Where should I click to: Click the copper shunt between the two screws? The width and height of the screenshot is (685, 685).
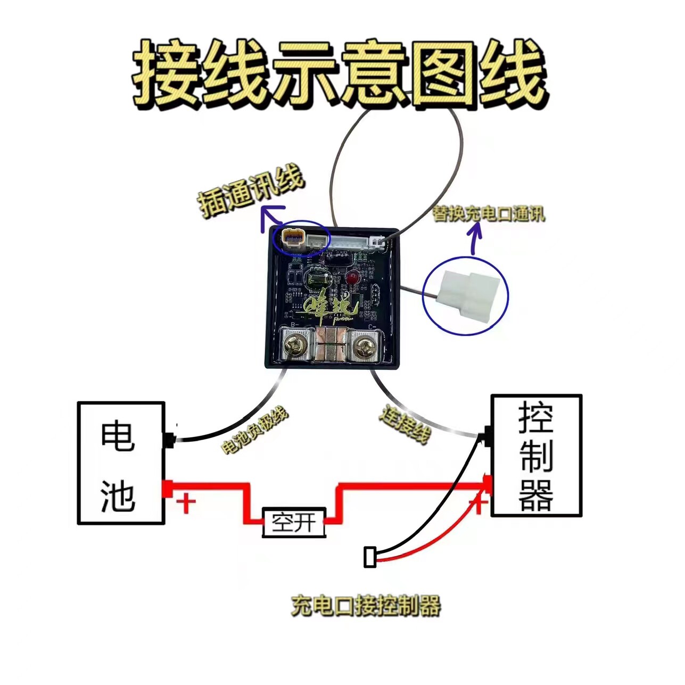tap(331, 345)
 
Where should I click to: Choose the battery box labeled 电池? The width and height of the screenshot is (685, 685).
tap(120, 463)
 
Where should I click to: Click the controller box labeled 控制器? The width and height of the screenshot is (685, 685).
tap(536, 456)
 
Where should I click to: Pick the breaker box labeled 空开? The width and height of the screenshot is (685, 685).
tap(294, 522)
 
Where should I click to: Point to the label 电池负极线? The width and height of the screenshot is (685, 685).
tap(254, 431)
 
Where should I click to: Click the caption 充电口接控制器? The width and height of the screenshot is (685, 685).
tap(366, 606)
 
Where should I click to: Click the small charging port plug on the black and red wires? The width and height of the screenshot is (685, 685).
tap(370, 557)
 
